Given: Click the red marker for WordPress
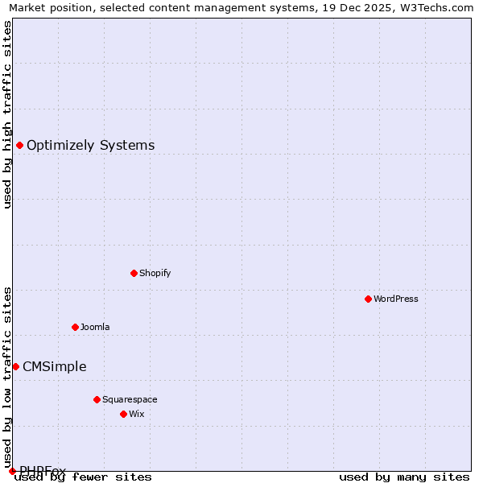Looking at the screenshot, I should pos(368,299).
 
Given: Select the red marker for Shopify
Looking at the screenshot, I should pos(134,273).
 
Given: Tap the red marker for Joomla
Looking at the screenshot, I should pos(75,327).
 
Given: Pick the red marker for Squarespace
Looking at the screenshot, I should pos(97,399).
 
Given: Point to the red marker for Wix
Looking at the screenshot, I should pos(123,414).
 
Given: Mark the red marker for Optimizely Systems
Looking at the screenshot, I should pos(19,145).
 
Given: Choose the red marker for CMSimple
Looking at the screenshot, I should pos(15,366).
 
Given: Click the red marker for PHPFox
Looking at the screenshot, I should pos(12,471).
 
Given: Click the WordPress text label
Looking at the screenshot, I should pos(396,299).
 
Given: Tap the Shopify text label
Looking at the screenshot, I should pos(155,273).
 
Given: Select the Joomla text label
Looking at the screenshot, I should pos(95,327).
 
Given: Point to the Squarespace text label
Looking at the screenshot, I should pos(130,399).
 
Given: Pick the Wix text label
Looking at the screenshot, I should pos(137,414).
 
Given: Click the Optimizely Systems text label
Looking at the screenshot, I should pos(91,146).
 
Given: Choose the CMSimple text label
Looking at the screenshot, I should pos(55,367).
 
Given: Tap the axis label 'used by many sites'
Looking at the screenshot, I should pos(404,477).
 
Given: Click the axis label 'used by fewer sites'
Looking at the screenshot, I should pos(84,477).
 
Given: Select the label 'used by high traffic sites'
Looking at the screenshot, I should pos(7,114).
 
